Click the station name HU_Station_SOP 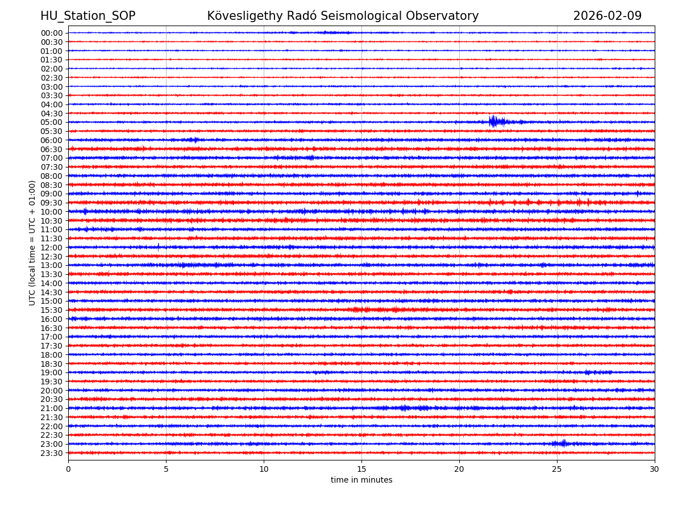coord(88,16)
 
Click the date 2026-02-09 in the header coord(607,16)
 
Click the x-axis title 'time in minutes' coord(361,480)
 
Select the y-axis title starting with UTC coord(32,242)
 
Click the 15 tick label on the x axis coord(361,469)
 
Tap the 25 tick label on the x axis coord(557,469)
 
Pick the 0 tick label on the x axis coord(68,469)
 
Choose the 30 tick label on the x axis coord(655,469)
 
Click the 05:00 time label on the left coord(51,122)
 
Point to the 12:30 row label coord(51,257)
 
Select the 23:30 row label coord(51,453)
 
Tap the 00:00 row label coord(51,33)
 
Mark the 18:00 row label coord(51,355)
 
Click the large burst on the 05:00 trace coord(493,121)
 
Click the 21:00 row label coord(51,408)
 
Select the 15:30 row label coord(51,310)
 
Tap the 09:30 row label coord(51,203)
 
